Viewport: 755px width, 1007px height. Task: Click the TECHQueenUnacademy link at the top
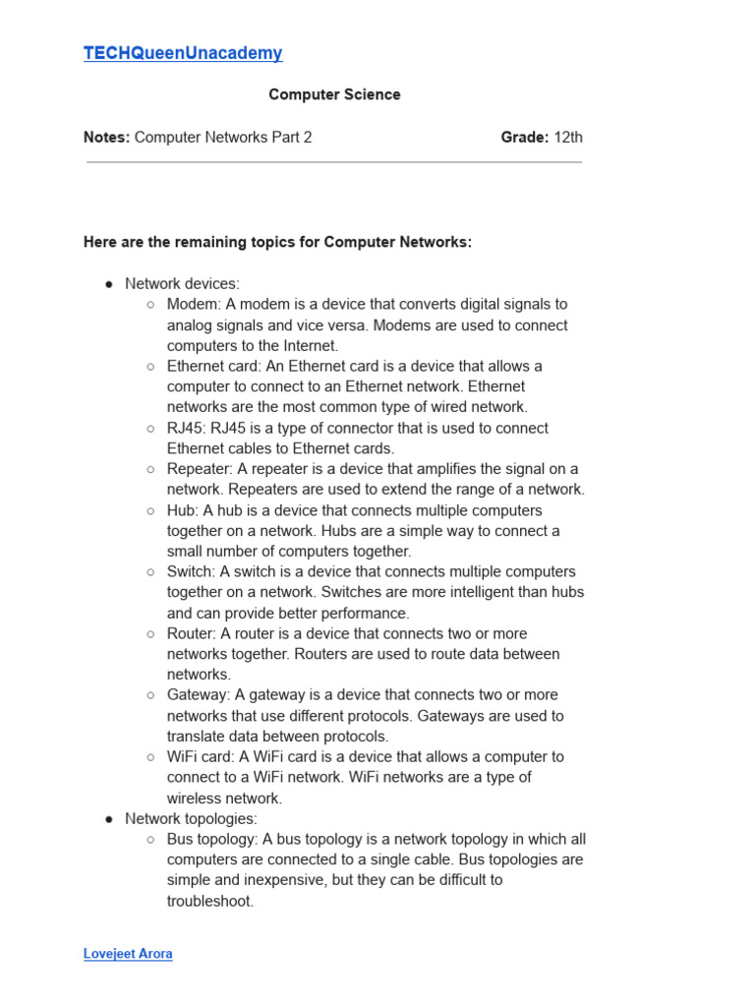pyautogui.click(x=183, y=53)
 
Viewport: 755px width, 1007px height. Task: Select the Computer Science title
pyautogui.click(x=334, y=94)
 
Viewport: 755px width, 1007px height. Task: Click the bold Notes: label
pyautogui.click(x=106, y=137)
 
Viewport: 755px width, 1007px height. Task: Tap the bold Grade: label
pyautogui.click(x=524, y=137)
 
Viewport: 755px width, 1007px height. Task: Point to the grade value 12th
pyautogui.click(x=568, y=137)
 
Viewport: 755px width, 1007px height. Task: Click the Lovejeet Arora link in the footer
pyautogui.click(x=128, y=954)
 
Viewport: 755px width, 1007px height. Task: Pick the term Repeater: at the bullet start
pyautogui.click(x=200, y=469)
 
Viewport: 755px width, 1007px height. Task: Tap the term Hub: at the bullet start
pyautogui.click(x=183, y=510)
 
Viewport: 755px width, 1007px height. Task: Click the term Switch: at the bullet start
pyautogui.click(x=191, y=571)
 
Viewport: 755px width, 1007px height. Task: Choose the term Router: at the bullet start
pyautogui.click(x=191, y=633)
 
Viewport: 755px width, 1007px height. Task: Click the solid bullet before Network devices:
pyautogui.click(x=109, y=284)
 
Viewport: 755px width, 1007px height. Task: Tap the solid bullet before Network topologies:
pyautogui.click(x=109, y=818)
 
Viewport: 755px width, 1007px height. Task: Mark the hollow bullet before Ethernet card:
pyautogui.click(x=150, y=366)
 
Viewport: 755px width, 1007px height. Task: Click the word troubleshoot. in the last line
pyautogui.click(x=210, y=900)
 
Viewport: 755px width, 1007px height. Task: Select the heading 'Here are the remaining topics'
pyautogui.click(x=277, y=242)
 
